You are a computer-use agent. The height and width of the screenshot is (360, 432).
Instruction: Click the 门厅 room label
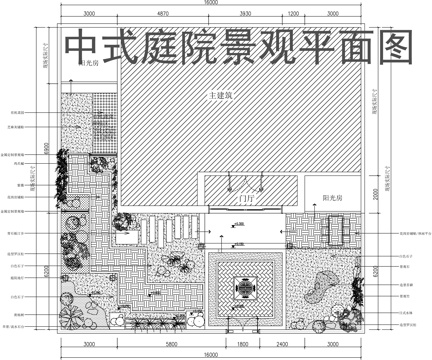coord(243,199)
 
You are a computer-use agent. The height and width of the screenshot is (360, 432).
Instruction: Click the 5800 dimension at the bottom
coord(165,343)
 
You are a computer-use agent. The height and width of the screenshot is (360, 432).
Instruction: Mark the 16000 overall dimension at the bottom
coord(212,354)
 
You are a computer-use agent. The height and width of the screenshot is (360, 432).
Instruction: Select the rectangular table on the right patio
coord(337,229)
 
